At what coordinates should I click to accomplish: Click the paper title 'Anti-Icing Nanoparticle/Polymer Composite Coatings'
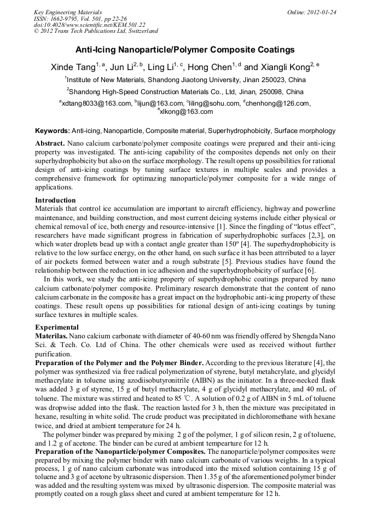[185, 50]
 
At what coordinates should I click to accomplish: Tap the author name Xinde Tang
[72, 67]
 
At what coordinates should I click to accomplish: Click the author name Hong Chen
[212, 67]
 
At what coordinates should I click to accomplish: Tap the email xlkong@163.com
[186, 112]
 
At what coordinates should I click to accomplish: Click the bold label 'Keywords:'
[53, 131]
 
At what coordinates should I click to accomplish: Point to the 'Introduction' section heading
[55, 200]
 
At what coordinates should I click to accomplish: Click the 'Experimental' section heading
[57, 327]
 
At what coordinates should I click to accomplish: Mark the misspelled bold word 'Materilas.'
[51, 335]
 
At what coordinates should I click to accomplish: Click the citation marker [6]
[310, 270]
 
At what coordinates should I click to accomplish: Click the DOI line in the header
[90, 25]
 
